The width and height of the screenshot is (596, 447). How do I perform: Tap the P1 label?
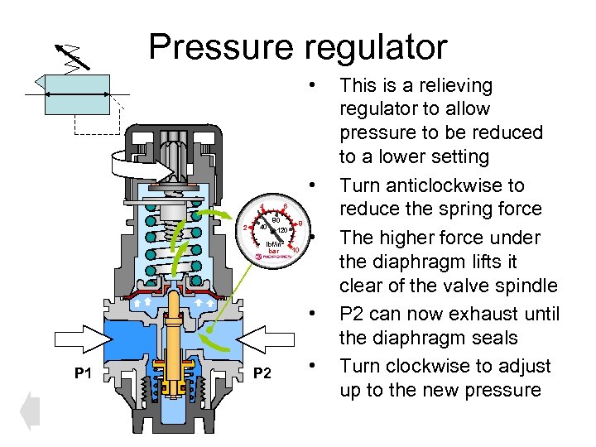click(83, 374)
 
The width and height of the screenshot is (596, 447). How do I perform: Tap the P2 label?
click(262, 374)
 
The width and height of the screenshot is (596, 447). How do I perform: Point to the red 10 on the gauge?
click(295, 250)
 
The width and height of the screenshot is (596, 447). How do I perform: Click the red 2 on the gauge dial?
click(244, 228)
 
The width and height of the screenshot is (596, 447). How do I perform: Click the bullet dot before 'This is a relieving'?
click(312, 85)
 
